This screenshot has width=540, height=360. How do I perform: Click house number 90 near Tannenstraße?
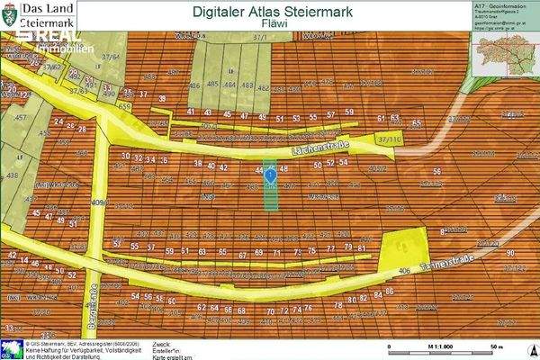(x=509, y=254)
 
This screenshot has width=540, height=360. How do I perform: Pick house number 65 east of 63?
(x=416, y=123)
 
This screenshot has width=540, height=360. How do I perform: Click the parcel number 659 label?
(x=124, y=106)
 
